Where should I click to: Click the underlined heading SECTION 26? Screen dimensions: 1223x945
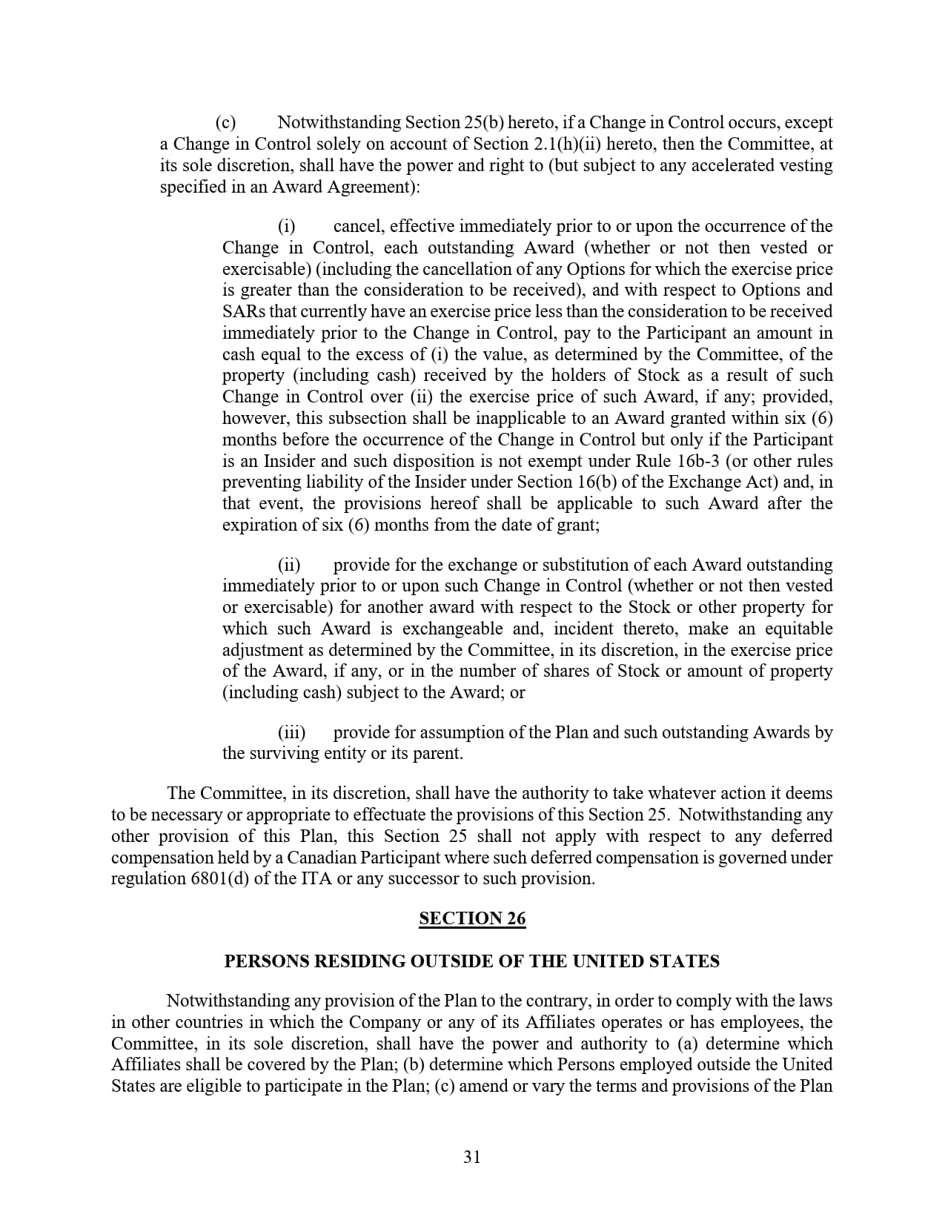pyautogui.click(x=472, y=918)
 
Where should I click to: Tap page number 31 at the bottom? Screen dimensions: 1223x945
pyautogui.click(x=472, y=1157)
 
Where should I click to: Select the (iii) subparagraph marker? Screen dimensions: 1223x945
pyautogui.click(x=291, y=732)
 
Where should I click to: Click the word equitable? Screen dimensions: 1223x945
pyautogui.click(x=798, y=629)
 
